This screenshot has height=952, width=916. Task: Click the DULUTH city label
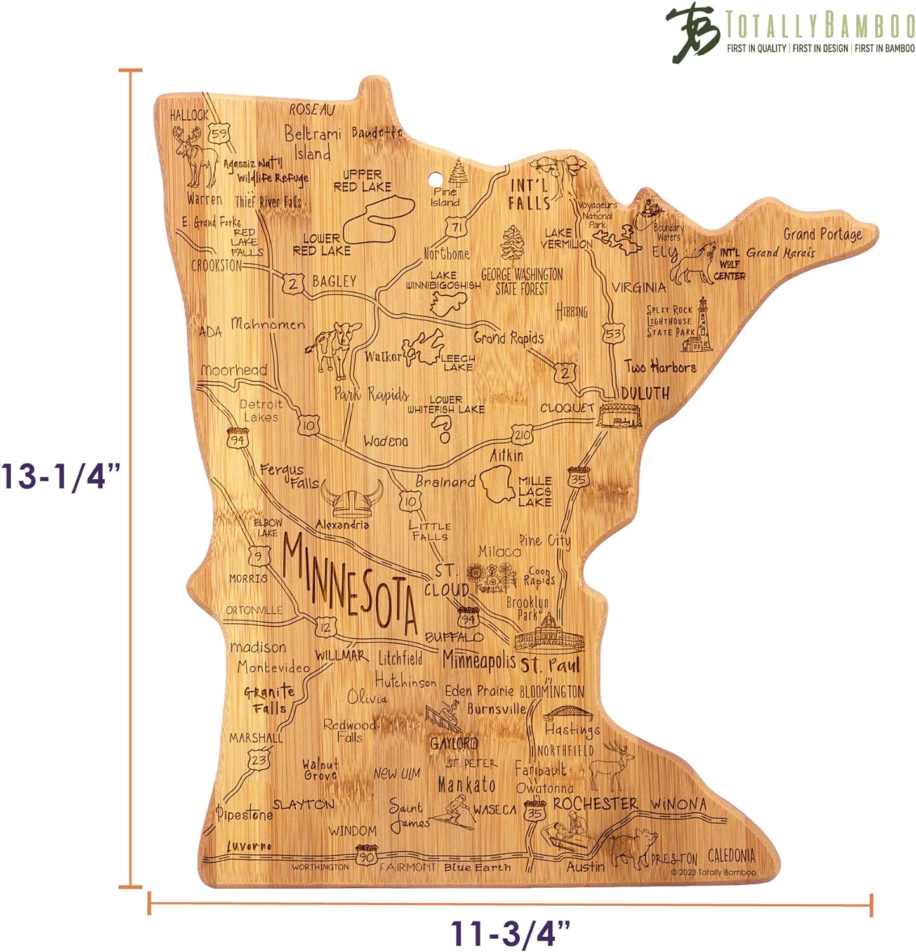point(645,393)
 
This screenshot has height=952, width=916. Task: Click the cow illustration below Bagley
point(333,347)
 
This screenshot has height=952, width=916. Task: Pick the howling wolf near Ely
point(694,263)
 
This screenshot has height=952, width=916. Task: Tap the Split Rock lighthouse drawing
point(698,327)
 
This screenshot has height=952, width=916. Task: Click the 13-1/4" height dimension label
point(60,476)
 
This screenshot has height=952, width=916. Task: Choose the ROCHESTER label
point(595,803)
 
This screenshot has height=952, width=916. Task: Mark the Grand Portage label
point(823,234)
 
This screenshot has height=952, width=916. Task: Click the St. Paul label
point(550,665)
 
